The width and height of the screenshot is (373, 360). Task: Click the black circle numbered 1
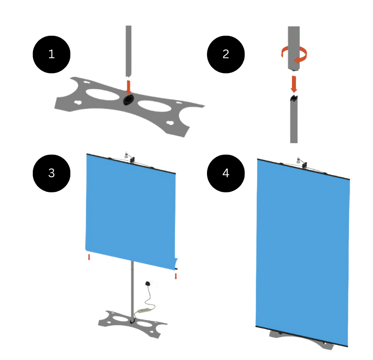coord(51,54)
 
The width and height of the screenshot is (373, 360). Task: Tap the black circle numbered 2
coord(226,54)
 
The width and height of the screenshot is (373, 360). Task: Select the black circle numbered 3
coord(51,173)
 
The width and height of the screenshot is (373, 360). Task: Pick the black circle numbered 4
coord(226,173)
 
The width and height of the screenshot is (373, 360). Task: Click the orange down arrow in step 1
coord(129,87)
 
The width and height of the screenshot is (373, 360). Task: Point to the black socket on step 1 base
coord(129,100)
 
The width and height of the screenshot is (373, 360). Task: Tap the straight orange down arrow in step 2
coord(294,84)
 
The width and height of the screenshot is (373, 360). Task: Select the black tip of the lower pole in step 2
coord(294,98)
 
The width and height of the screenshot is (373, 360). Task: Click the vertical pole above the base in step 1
coord(129,51)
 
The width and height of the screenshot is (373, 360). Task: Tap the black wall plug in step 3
coord(148,283)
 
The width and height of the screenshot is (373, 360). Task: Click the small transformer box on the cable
coord(144,310)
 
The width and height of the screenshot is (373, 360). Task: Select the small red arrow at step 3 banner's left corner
coord(89,257)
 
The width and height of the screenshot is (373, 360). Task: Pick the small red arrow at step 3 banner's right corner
coord(176,276)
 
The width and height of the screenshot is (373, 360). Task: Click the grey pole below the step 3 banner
coord(132,292)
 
